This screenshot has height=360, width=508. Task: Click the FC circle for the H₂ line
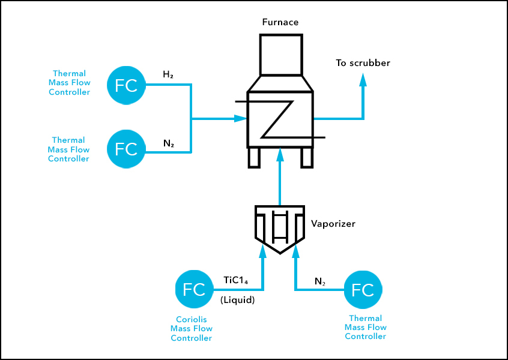[126, 85]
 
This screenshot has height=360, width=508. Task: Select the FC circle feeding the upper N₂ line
[126, 148]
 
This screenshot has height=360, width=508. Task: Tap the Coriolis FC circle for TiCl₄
[194, 290]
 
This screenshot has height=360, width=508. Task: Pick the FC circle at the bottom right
[363, 290]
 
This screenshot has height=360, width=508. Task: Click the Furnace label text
[280, 23]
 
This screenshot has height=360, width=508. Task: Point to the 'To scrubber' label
[363, 63]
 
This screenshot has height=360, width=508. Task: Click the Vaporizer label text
[333, 224]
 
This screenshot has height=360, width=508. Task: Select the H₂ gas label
[169, 74]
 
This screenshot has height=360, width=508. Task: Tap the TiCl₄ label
[235, 280]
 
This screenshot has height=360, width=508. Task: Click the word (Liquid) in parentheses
[238, 300]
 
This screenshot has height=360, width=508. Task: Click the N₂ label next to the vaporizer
[320, 281]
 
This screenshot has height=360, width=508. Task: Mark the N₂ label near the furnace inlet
[169, 143]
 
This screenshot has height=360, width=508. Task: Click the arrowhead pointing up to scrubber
[363, 79]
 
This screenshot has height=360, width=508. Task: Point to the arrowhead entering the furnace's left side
[241, 118]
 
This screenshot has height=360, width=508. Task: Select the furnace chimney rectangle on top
[280, 55]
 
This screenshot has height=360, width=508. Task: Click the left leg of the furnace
[254, 157]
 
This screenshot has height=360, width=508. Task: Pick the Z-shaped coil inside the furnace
[280, 118]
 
